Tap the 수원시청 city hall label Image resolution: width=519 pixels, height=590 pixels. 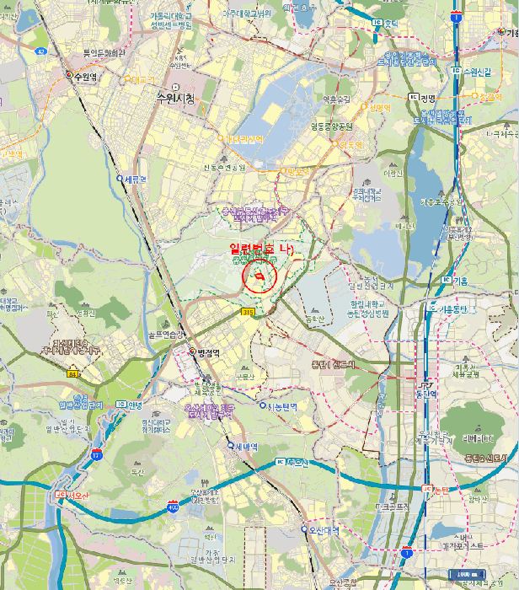[x=174, y=98]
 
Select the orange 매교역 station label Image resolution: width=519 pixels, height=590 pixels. [x=144, y=79]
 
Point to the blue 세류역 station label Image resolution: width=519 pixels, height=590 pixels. [x=134, y=179]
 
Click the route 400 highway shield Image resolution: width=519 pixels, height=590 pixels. [x=173, y=507]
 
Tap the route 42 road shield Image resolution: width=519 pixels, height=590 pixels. [x=41, y=51]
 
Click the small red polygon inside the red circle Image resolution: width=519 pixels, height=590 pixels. [x=261, y=277]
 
